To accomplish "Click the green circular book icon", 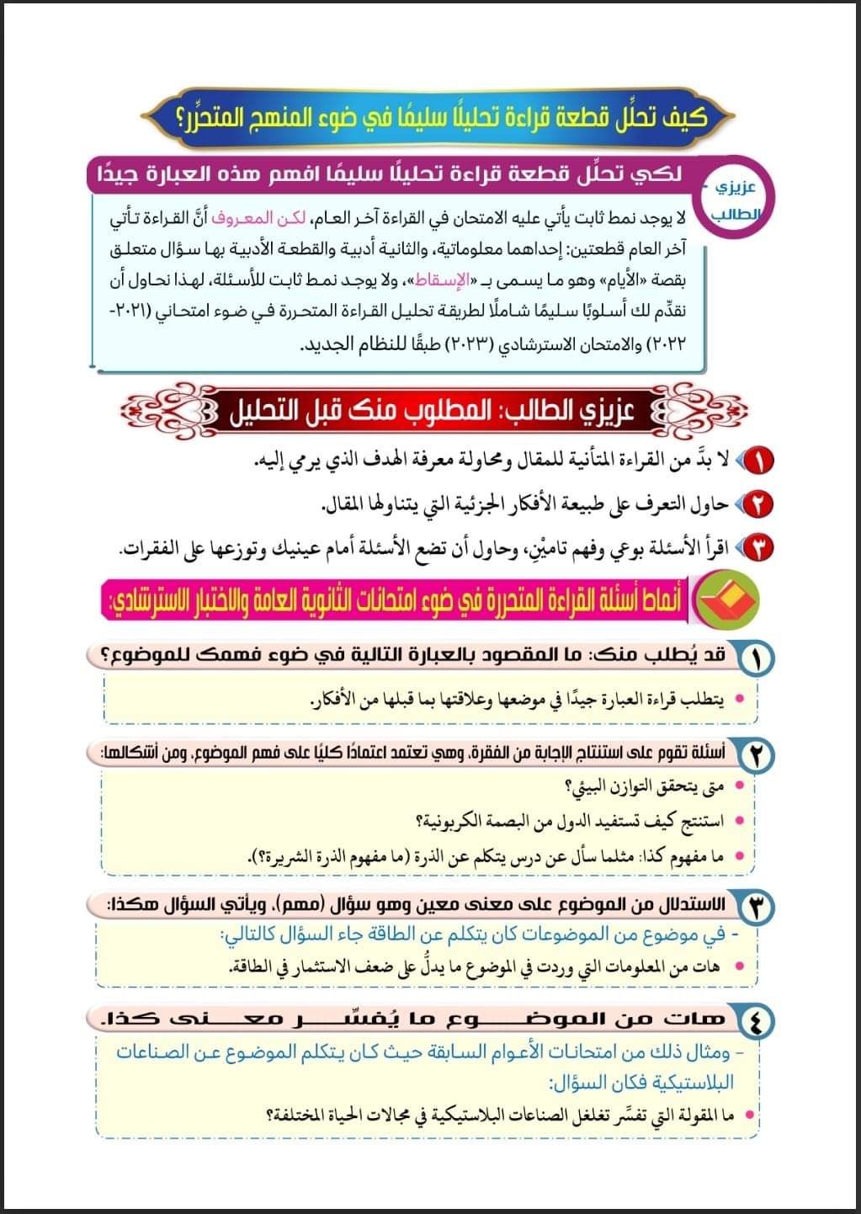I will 729,599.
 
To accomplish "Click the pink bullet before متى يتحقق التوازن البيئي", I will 740,786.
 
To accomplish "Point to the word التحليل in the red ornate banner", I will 268,412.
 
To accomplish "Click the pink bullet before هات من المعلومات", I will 740,967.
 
